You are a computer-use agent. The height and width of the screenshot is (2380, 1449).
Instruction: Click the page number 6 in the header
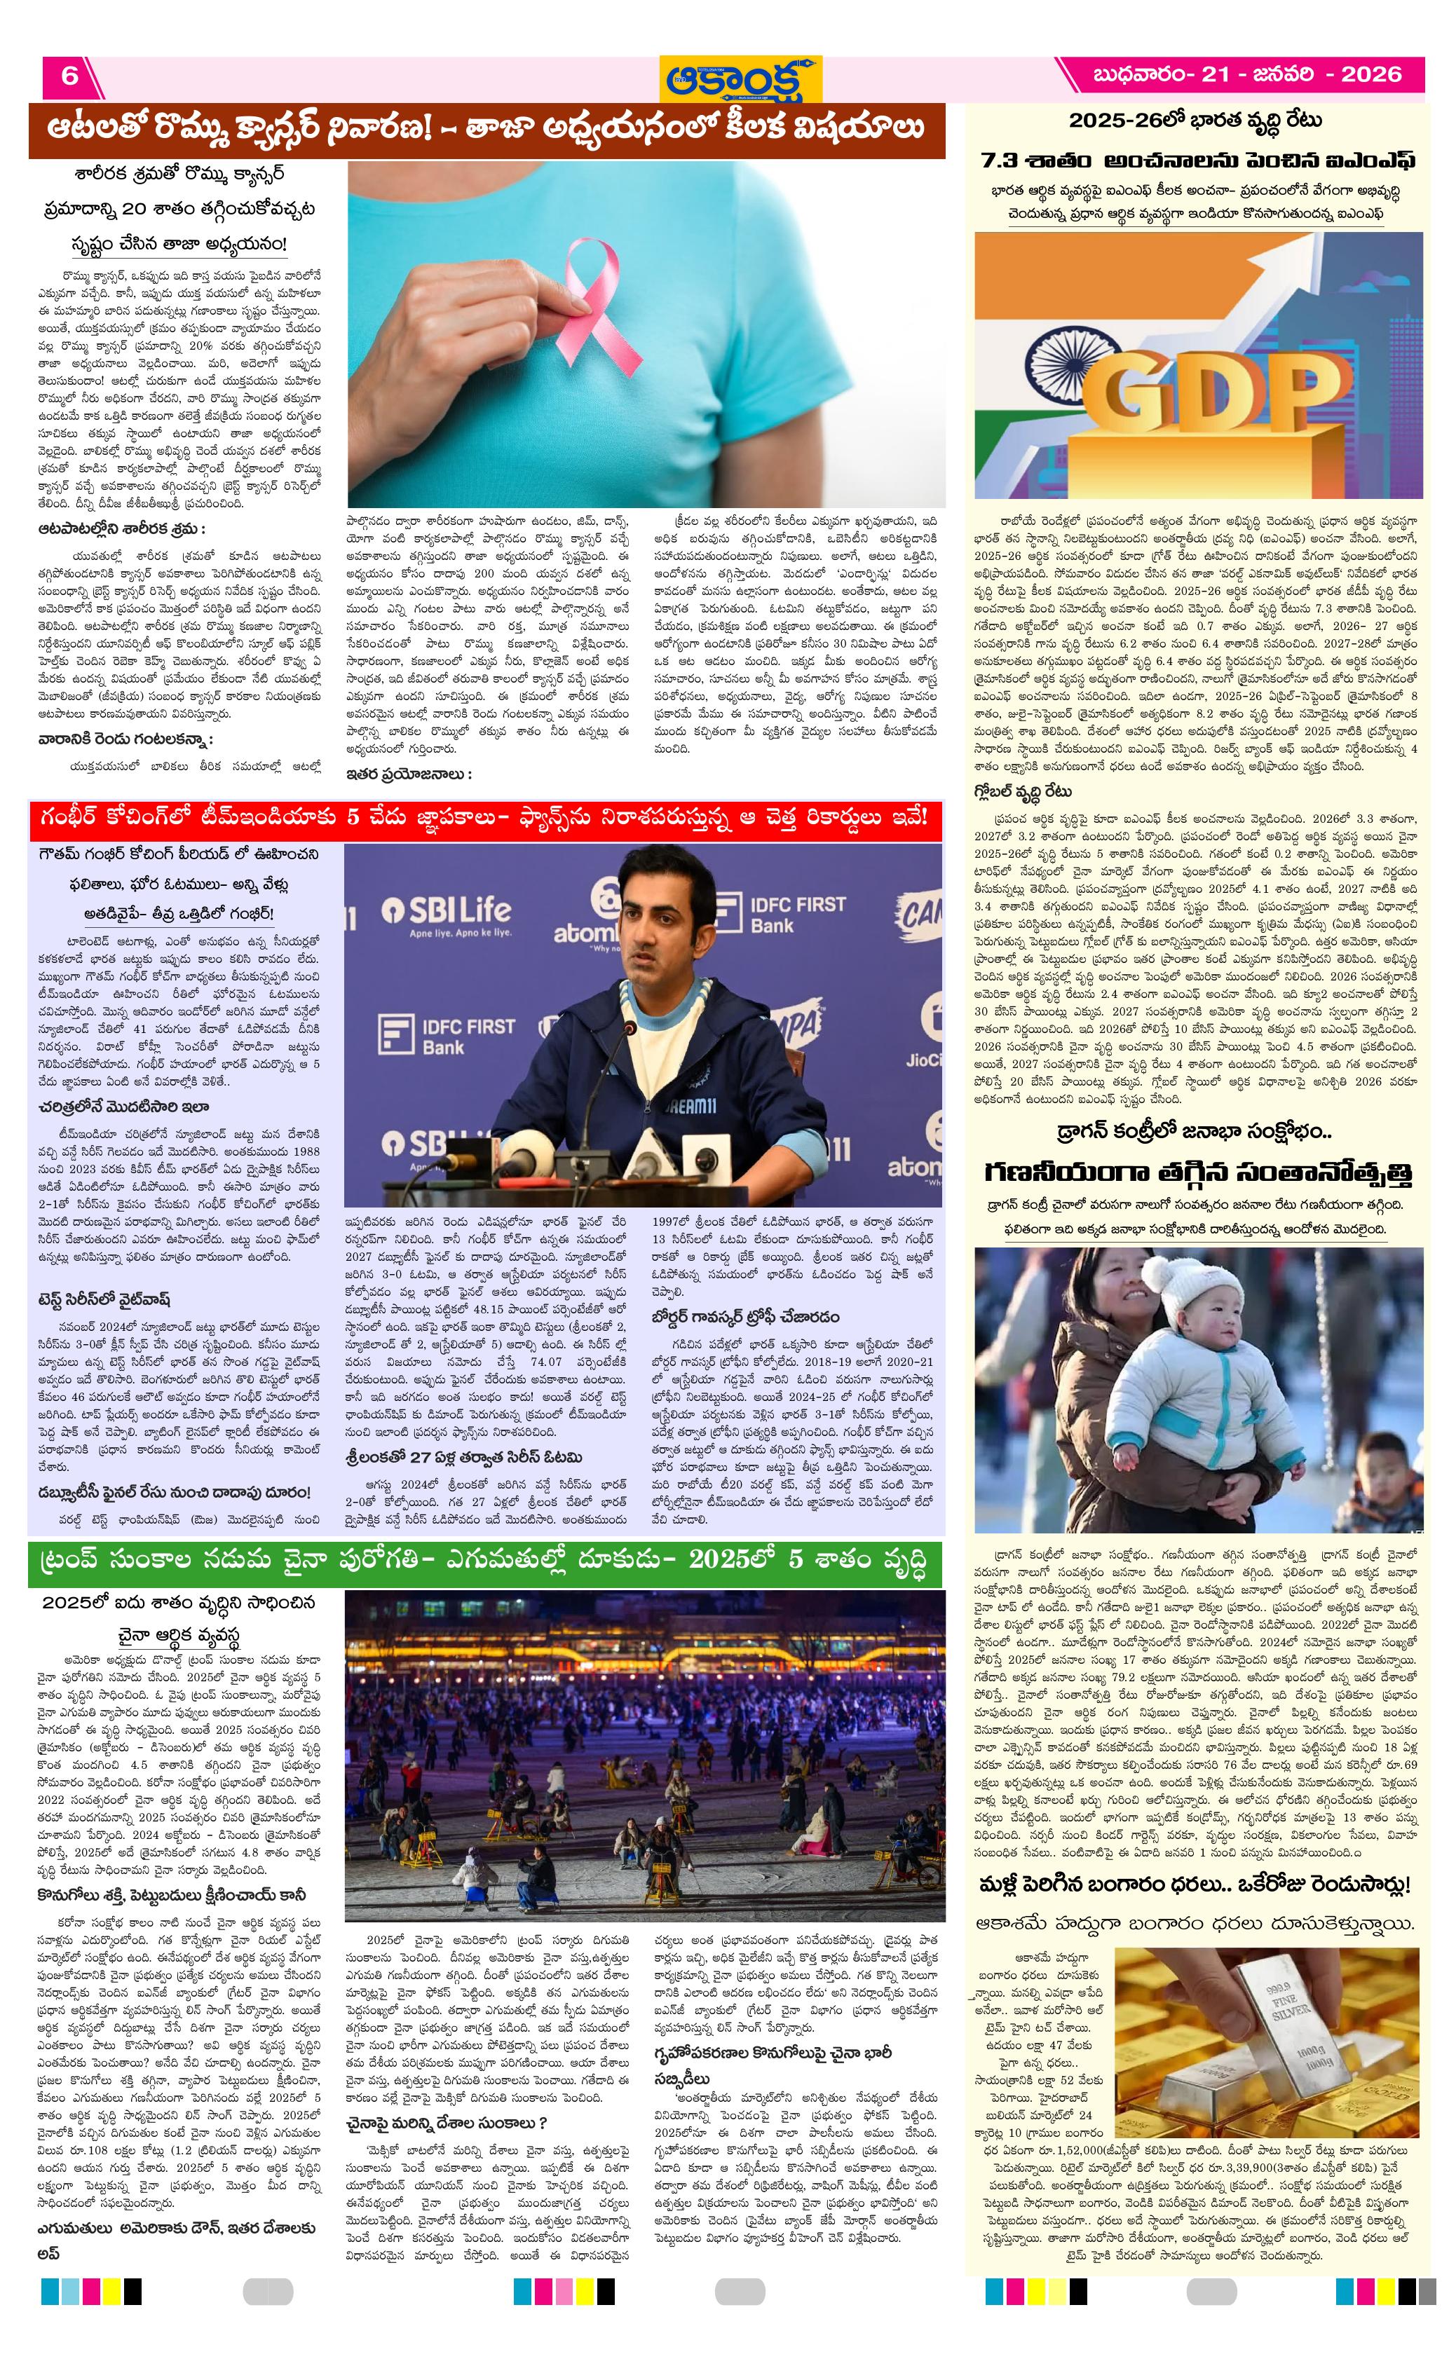[69, 76]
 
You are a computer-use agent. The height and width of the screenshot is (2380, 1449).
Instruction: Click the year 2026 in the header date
[1370, 74]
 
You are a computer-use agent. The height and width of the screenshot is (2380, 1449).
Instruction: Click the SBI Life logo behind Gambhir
[444, 911]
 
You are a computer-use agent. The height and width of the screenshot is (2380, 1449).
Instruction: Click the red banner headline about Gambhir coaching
[482, 818]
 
